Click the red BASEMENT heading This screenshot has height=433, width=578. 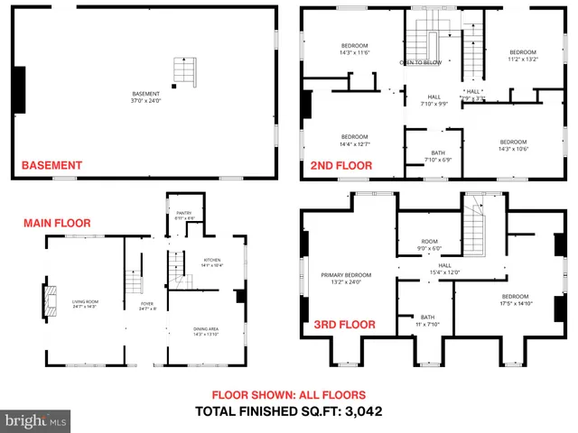click(x=51, y=165)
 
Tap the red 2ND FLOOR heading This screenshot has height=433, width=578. click(x=341, y=165)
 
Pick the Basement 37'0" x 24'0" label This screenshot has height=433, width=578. click(x=144, y=97)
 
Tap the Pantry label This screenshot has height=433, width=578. click(x=183, y=215)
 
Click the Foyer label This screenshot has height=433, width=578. click(x=147, y=306)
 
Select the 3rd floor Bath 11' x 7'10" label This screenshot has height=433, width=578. click(x=427, y=320)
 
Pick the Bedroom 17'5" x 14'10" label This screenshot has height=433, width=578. click(x=515, y=299)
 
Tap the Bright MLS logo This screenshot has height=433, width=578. click(x=36, y=419)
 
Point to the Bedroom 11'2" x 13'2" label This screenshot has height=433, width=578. click(x=522, y=55)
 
